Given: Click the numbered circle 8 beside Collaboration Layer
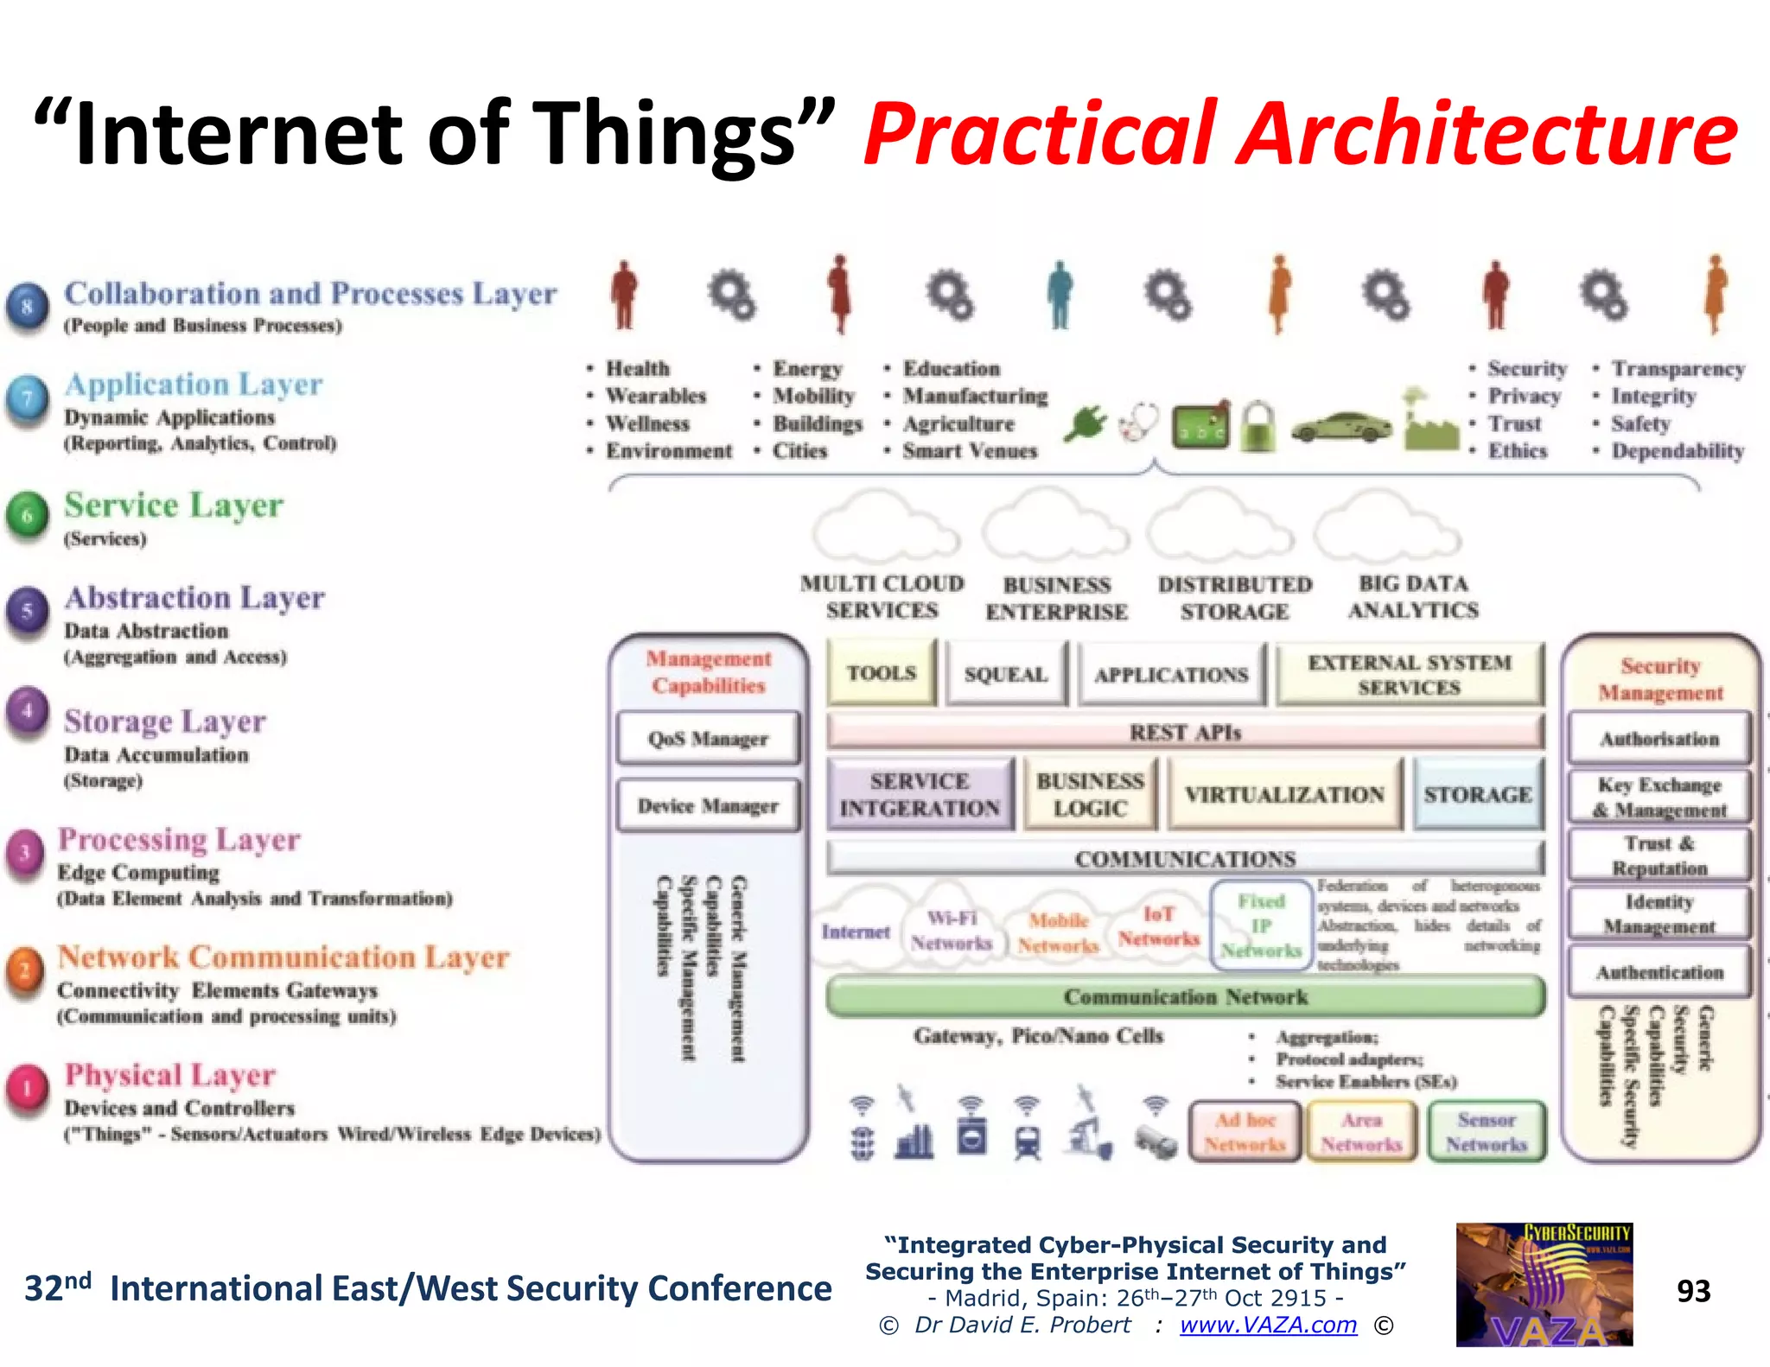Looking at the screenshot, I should click(x=28, y=306).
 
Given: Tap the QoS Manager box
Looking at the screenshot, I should click(x=708, y=739).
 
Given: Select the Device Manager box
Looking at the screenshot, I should click(x=708, y=806).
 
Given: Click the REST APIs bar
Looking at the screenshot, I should click(x=1185, y=733).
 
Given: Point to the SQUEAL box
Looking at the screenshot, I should click(x=1006, y=674).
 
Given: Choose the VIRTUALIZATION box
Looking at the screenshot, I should click(x=1284, y=794).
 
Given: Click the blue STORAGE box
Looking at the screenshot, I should click(x=1478, y=794).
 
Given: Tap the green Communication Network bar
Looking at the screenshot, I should click(x=1185, y=997).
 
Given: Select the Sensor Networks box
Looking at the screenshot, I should click(x=1487, y=1132).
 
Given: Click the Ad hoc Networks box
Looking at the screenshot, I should click(x=1245, y=1132).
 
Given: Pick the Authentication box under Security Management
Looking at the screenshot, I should click(x=1659, y=972).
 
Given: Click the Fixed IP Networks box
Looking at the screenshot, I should click(x=1261, y=926).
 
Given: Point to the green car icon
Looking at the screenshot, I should click(x=1341, y=427).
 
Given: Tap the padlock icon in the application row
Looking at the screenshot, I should click(x=1257, y=426).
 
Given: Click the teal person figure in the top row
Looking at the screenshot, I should click(x=1060, y=295).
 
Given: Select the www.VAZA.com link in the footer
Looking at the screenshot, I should click(x=1268, y=1325).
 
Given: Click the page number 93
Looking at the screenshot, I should click(x=1693, y=1291).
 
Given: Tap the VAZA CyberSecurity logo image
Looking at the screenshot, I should click(x=1544, y=1284).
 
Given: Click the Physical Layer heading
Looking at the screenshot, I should click(x=170, y=1075).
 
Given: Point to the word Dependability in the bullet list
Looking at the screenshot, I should click(x=1678, y=451).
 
